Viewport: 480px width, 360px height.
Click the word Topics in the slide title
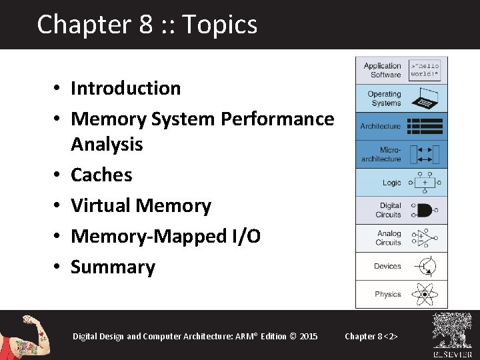pos(219,25)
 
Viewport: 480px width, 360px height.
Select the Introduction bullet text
pos(125,88)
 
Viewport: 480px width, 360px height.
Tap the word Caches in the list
pos(101,175)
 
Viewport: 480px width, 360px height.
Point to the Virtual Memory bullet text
pos(141,205)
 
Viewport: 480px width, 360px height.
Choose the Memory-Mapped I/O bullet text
pos(165,236)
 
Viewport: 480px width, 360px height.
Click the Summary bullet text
pos(113,267)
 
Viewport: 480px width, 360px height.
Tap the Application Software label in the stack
pos(382,70)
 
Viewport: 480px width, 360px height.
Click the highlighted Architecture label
pos(380,126)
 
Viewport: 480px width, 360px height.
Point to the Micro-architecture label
pos(381,155)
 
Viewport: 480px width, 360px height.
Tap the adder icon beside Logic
pos(424,182)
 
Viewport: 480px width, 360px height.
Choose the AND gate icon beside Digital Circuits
pos(423,211)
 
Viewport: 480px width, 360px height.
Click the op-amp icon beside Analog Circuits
pos(423,238)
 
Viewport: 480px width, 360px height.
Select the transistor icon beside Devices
pos(424,266)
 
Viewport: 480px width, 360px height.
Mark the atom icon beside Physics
pos(424,294)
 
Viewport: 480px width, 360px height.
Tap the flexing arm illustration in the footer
pos(27,335)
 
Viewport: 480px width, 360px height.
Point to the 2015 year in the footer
pos(309,336)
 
